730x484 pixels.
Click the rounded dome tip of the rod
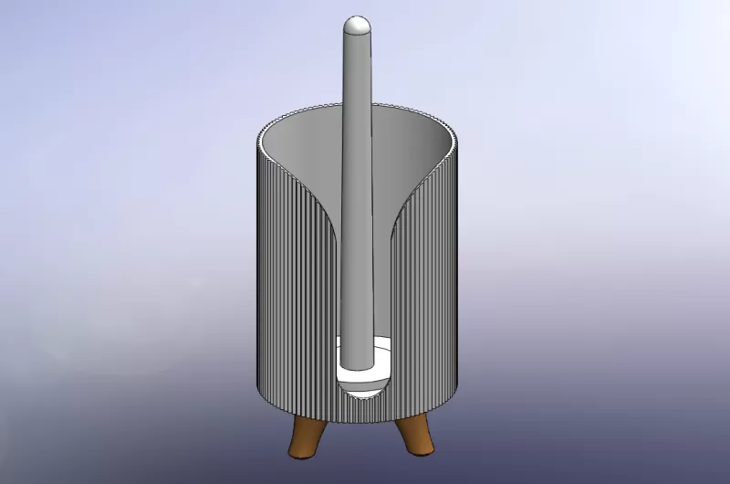(357, 25)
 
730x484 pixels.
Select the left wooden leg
(304, 437)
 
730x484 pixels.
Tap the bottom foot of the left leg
(297, 453)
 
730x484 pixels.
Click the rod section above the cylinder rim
(357, 73)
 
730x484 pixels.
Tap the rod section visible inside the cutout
(357, 274)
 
